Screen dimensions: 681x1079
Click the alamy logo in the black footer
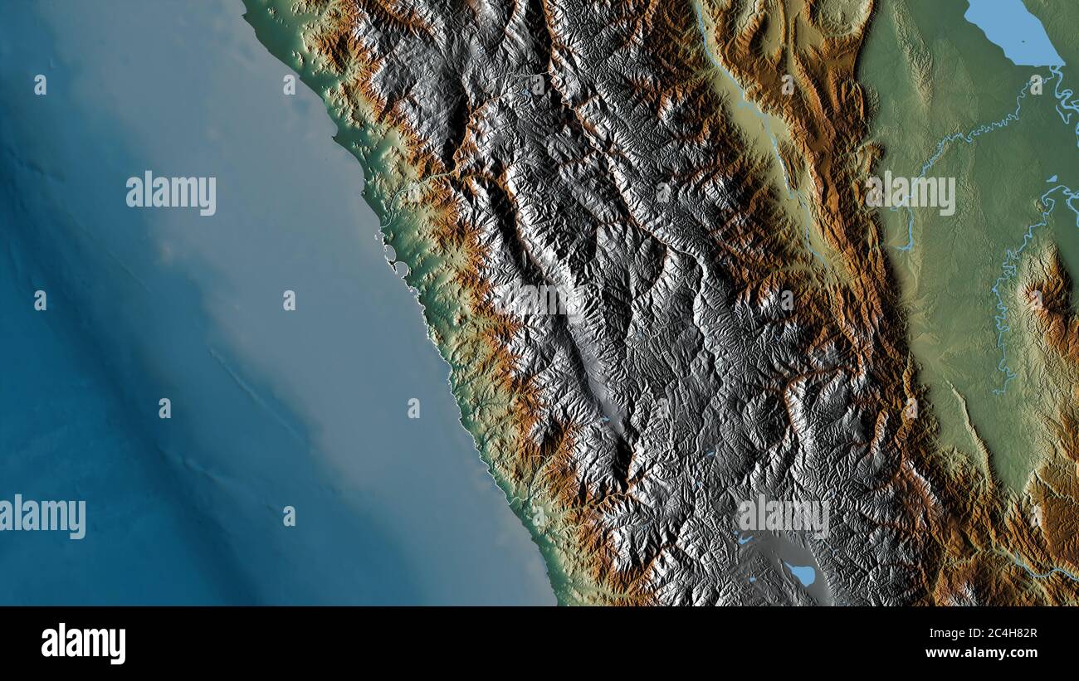(83, 644)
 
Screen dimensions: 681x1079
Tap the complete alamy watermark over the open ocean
(171, 193)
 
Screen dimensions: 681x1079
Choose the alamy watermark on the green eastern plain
(911, 193)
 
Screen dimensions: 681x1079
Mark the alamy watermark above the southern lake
(784, 516)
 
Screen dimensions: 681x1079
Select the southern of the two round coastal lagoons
(400, 268)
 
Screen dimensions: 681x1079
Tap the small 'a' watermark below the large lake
(1036, 85)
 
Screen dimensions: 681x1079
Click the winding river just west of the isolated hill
(1004, 315)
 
